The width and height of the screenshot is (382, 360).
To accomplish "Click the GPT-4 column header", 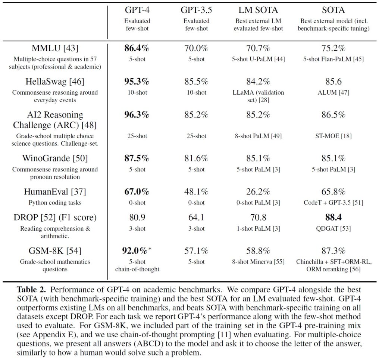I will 136,10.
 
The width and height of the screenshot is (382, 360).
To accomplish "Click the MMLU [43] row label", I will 55,48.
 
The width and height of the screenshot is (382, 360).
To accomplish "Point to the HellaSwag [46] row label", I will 55,81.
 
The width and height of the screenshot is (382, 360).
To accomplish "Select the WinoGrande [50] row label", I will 55,158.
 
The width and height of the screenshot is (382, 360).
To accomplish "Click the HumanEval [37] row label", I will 55,192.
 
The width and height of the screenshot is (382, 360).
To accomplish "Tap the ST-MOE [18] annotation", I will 334,136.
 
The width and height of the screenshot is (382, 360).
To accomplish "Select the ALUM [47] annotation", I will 334,92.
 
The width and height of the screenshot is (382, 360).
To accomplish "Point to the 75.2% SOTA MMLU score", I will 334,48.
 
